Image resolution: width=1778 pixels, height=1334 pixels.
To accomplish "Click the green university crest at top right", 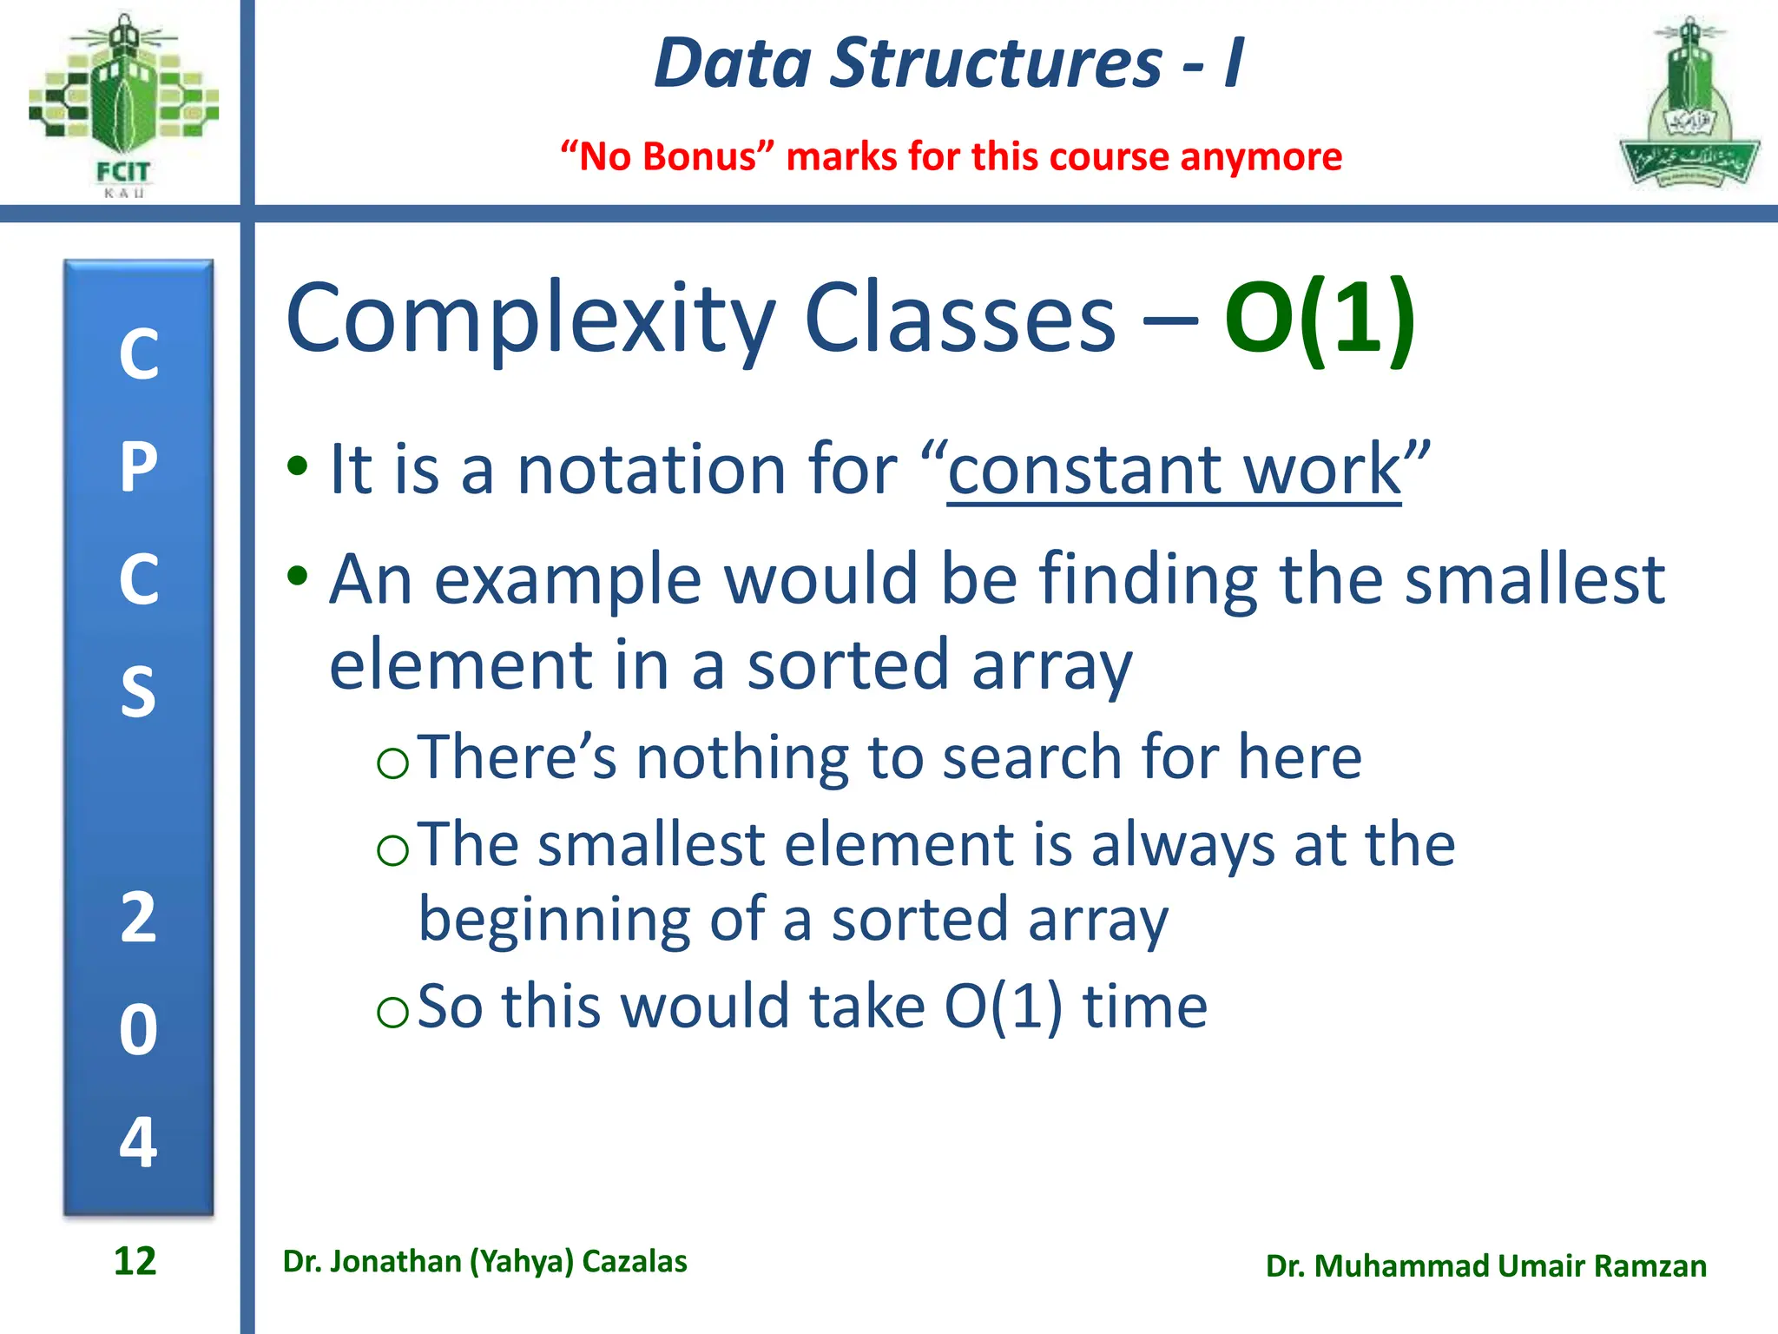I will [x=1689, y=104].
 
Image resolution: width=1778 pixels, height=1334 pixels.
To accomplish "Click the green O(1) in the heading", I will [x=1319, y=319].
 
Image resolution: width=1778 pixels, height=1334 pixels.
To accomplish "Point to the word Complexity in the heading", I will [x=530, y=319].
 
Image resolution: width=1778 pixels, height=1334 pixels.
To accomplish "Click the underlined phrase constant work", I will [x=1174, y=470].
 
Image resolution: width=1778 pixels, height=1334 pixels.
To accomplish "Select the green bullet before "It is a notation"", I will [x=298, y=466].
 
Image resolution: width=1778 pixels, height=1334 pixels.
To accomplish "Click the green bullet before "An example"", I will [x=298, y=576].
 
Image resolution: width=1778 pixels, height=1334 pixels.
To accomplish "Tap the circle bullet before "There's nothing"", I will [x=393, y=763].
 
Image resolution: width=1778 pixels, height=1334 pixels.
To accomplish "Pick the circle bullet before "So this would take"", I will [x=393, y=1012].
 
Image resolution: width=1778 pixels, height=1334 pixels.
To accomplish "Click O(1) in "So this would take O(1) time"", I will [x=1003, y=1007].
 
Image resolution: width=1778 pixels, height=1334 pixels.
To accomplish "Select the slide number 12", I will [x=135, y=1261].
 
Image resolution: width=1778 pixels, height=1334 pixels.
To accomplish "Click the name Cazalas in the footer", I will [x=634, y=1261].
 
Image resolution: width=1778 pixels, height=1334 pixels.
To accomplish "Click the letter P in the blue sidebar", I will [x=139, y=467].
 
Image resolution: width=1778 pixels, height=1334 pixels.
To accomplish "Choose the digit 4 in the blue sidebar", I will [x=139, y=1141].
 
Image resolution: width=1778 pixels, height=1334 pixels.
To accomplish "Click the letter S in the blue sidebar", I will [x=139, y=692].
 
